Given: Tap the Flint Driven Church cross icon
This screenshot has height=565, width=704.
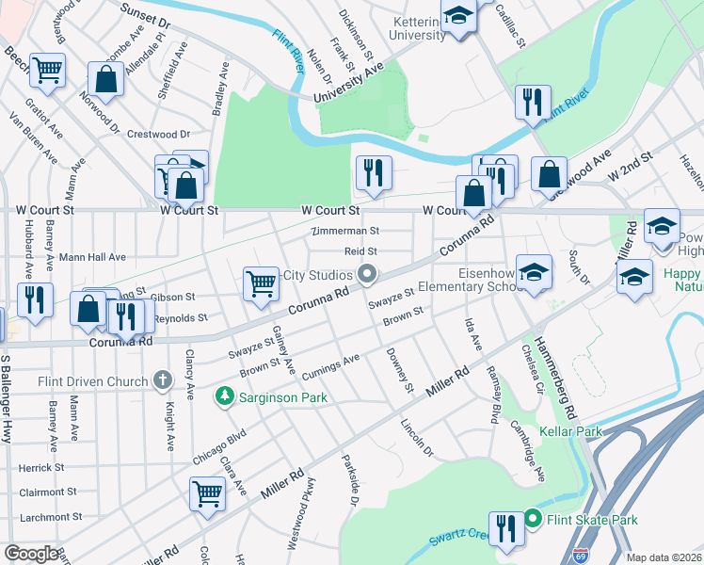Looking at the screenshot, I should pyautogui.click(x=163, y=380).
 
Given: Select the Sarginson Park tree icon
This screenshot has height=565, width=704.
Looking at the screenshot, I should pyautogui.click(x=224, y=397).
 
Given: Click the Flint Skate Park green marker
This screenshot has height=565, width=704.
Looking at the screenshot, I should pyautogui.click(x=532, y=520).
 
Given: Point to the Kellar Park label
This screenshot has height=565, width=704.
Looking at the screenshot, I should pyautogui.click(x=570, y=431).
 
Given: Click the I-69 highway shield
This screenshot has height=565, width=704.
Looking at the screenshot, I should pyautogui.click(x=579, y=557).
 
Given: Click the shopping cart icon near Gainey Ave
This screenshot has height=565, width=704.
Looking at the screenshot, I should pyautogui.click(x=260, y=282).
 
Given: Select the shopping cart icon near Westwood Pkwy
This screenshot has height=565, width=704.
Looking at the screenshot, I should pyautogui.click(x=206, y=492).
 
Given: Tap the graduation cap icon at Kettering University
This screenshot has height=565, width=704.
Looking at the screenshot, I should pyautogui.click(x=459, y=17).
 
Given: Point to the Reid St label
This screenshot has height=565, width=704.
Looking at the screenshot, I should pyautogui.click(x=360, y=251).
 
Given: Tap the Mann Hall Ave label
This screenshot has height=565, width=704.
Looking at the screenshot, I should pyautogui.click(x=92, y=256).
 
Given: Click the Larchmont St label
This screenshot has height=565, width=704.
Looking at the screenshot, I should pyautogui.click(x=46, y=516).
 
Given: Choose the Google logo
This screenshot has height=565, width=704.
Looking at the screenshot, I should pyautogui.click(x=31, y=554).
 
